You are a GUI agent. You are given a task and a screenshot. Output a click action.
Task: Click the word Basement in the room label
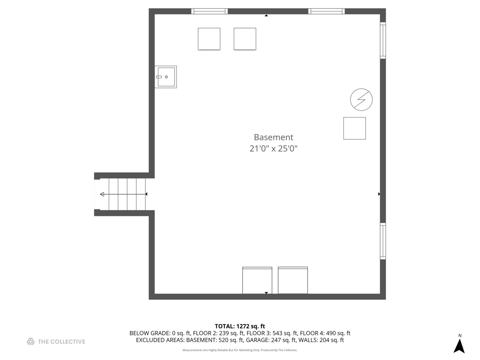click(273, 137)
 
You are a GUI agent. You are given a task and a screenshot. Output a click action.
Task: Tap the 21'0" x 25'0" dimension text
click(273, 149)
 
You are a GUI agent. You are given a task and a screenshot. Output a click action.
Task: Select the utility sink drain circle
click(166, 77)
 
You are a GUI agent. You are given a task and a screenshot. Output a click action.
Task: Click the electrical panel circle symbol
click(361, 100)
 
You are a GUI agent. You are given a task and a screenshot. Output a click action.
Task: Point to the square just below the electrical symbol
click(354, 128)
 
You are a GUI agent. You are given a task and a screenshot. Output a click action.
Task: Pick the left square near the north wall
click(209, 39)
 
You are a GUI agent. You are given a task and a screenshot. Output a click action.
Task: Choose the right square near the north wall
click(245, 39)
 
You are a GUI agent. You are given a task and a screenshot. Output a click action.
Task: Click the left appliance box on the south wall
click(257, 280)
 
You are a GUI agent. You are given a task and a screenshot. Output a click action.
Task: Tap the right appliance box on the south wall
click(293, 280)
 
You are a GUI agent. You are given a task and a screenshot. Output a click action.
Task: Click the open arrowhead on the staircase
click(102, 194)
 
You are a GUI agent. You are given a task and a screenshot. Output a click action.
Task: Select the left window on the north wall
click(209, 11)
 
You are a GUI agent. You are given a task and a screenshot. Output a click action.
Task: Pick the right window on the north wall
click(326, 11)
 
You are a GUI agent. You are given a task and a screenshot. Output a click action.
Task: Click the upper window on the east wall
click(383, 40)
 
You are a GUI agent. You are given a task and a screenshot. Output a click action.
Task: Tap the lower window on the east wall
click(383, 241)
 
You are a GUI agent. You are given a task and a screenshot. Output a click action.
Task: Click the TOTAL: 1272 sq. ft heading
click(240, 326)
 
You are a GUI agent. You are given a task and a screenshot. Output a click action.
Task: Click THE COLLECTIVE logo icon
click(31, 342)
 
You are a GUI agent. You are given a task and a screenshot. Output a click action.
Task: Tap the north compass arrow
click(459, 346)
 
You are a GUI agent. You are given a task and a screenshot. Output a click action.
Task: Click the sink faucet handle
click(159, 77)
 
